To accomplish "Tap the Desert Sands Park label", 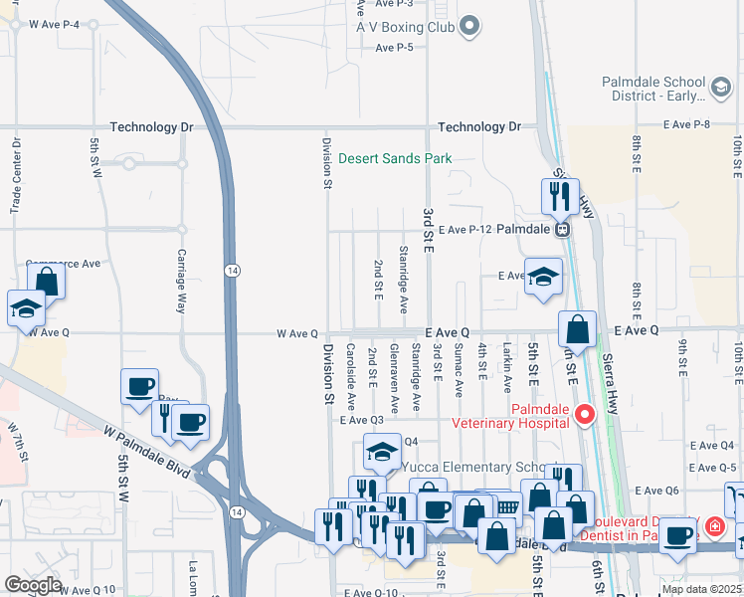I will (395, 158).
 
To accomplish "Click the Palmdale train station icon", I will (563, 229).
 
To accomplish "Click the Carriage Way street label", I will (182, 282).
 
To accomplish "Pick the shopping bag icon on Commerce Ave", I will (46, 282).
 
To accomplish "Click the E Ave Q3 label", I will (361, 421).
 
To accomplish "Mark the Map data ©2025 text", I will (700, 589).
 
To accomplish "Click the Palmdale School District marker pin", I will (720, 90).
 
